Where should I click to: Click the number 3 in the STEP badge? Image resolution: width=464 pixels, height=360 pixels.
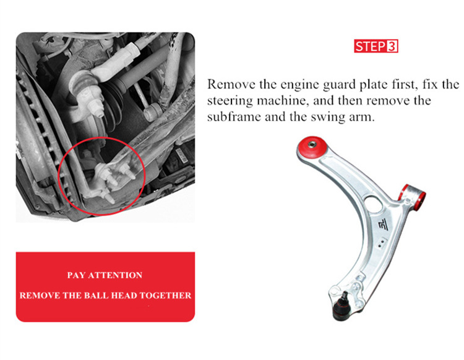point(391,46)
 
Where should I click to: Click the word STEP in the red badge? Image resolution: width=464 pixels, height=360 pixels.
point(370,46)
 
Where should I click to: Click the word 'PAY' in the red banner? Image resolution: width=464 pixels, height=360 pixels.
point(77,275)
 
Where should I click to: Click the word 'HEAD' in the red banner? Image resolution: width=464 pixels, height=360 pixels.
point(123,295)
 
